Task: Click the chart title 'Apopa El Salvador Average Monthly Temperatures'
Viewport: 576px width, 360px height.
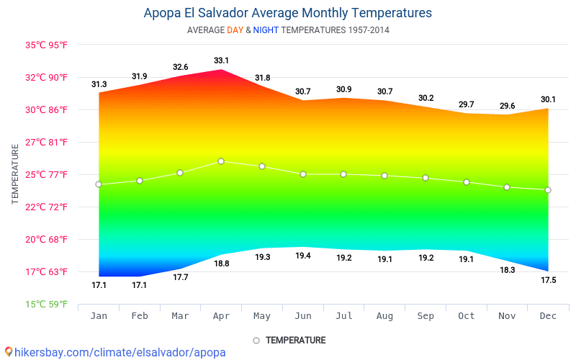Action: tap(288, 13)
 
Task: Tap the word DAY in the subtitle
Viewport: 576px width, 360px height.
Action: tap(235, 30)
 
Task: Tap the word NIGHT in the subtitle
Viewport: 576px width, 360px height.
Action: tap(266, 30)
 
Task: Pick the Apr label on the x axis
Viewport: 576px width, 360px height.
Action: tap(221, 316)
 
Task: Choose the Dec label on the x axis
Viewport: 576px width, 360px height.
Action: tap(548, 316)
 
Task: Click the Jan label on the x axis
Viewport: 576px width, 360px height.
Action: tap(99, 316)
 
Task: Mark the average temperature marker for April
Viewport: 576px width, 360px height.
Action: tap(221, 161)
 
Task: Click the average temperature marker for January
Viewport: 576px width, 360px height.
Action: tap(99, 184)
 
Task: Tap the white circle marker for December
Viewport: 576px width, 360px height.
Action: tap(548, 190)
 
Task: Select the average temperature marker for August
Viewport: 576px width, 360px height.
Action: tap(384, 176)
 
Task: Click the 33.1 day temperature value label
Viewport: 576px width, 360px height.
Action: tap(221, 60)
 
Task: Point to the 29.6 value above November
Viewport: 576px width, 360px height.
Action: tap(508, 106)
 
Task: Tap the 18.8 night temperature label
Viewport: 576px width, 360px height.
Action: tap(221, 264)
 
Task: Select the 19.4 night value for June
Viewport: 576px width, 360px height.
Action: tap(303, 256)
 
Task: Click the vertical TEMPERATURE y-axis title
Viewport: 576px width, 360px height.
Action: tap(15, 174)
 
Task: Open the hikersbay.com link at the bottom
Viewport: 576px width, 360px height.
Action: tap(115, 352)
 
